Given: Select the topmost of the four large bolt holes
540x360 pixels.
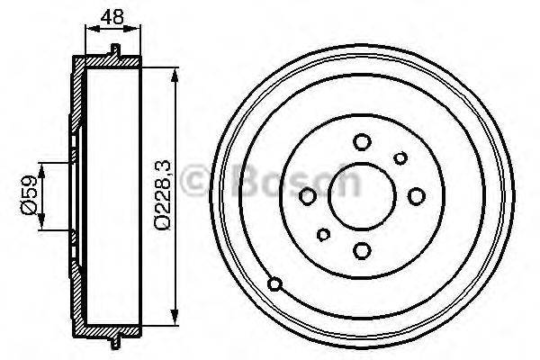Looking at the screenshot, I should pyautogui.click(x=362, y=141).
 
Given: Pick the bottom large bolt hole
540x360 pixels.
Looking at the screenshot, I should pyautogui.click(x=361, y=250).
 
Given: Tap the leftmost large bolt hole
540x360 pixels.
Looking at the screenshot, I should pyautogui.click(x=308, y=196).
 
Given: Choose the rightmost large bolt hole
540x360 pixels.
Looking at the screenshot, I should pyautogui.click(x=416, y=194).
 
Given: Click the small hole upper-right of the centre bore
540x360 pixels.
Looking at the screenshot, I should pyautogui.click(x=400, y=159).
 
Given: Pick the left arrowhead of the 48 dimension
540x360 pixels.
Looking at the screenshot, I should pyautogui.click(x=89, y=30).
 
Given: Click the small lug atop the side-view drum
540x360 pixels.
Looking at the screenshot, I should pyautogui.click(x=116, y=48).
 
